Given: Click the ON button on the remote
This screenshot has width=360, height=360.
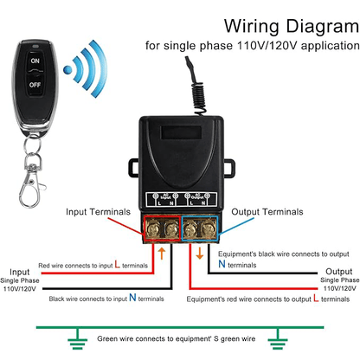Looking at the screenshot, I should click(x=35, y=61).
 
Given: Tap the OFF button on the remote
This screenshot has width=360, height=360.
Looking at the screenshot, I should click(x=35, y=86).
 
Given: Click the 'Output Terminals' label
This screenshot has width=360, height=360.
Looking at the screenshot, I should click(x=276, y=210).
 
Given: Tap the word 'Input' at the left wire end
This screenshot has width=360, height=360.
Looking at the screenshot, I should click(x=19, y=271).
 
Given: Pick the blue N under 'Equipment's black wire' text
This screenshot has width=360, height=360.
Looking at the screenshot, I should click(x=222, y=265).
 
